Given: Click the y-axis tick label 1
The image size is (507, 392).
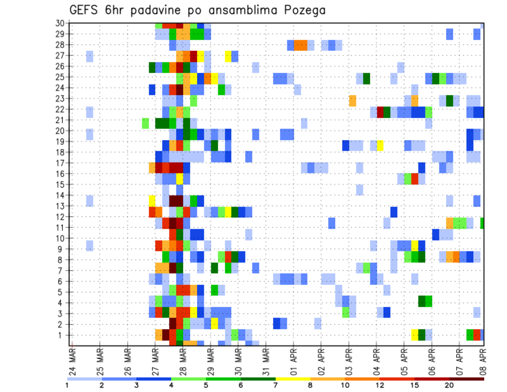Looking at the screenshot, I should coord(61,335).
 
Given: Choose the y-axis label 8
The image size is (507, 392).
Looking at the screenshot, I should coord(61,259).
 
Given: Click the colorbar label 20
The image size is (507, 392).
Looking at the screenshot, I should coord(449,385).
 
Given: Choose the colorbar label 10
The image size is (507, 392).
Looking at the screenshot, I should coord(345,385).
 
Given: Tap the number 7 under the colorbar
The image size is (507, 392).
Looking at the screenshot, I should coord(276,385).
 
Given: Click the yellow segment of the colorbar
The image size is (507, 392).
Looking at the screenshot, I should coord(293,378).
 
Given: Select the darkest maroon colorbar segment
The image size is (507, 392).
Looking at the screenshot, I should coord(467,378).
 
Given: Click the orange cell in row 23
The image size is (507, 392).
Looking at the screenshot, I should coord(352,100).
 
